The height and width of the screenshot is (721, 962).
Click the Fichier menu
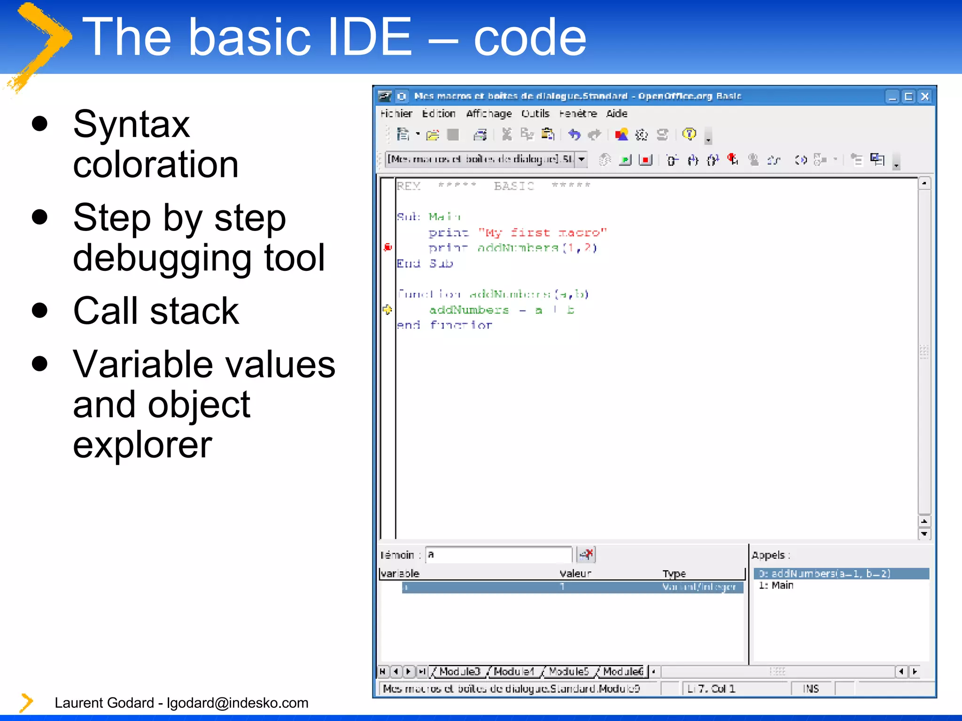click(x=396, y=114)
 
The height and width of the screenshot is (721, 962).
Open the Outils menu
click(x=535, y=114)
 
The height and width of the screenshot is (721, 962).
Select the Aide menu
click(x=616, y=114)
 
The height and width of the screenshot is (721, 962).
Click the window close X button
click(x=925, y=97)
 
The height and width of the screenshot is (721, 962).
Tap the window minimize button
click(x=892, y=97)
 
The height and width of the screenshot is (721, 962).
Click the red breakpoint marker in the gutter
click(x=388, y=247)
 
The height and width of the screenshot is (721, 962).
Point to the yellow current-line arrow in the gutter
click(x=387, y=309)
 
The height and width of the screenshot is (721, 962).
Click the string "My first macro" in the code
click(x=543, y=232)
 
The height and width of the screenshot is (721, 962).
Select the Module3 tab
click(x=459, y=672)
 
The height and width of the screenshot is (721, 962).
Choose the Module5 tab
click(x=568, y=672)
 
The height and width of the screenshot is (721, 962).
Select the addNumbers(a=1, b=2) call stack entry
click(x=824, y=574)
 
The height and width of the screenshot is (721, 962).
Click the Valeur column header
click(x=575, y=574)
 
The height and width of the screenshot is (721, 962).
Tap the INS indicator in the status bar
click(x=811, y=689)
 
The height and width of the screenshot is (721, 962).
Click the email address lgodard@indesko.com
click(x=237, y=703)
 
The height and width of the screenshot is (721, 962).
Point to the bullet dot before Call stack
click(x=40, y=311)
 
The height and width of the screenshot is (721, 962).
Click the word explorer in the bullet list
click(x=142, y=445)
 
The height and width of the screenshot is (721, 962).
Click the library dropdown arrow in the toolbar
click(x=582, y=160)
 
